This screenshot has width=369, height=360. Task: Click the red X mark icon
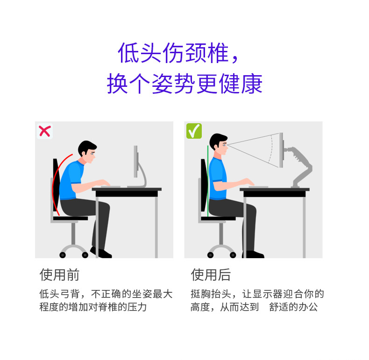coord(45,131)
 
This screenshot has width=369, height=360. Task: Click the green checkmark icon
coord(194,131)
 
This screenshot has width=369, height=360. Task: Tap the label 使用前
coord(59,275)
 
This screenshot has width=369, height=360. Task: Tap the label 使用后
coord(211,275)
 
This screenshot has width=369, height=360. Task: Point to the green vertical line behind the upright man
coord(208,181)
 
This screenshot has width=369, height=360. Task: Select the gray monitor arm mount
coord(298,167)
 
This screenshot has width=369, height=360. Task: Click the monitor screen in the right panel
coord(281,150)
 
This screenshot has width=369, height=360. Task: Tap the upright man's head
coord(219,144)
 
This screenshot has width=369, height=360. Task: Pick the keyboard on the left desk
coord(111,187)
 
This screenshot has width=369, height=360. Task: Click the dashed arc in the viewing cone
coord(271,148)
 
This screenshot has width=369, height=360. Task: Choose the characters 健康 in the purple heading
coord(241,84)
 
